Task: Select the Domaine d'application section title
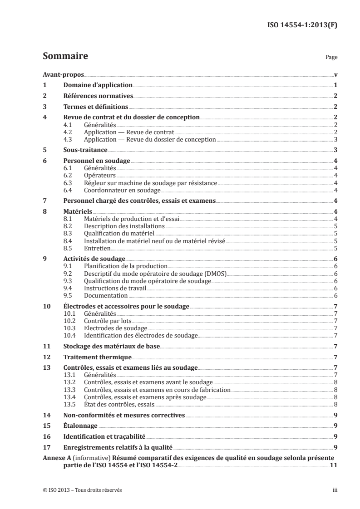97,85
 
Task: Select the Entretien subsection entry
98,248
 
